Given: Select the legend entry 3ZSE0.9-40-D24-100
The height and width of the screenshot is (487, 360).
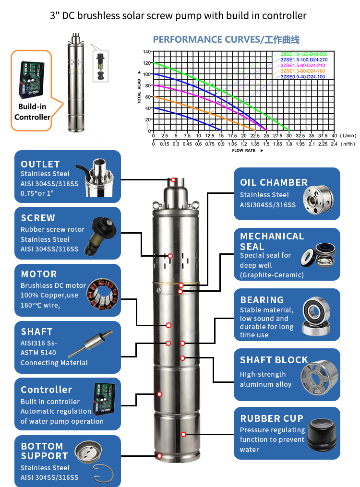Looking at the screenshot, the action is point(303,77).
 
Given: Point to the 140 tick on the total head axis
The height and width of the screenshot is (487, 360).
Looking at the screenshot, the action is point(146,51).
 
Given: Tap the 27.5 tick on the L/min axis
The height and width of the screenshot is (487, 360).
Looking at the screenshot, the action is point(278,136).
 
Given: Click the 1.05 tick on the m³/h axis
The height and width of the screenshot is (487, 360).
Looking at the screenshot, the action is point(232,144).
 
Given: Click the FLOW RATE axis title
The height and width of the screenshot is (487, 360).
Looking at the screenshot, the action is point(244,150).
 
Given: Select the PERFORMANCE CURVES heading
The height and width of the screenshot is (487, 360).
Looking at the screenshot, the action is point(226,39).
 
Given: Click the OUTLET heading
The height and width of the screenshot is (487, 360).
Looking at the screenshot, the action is point(40,164).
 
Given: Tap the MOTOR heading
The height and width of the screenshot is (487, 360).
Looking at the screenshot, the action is point(39,274).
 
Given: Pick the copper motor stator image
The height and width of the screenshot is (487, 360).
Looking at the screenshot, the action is point(103,294).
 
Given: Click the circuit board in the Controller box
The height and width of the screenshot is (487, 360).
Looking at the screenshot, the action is point(104,399).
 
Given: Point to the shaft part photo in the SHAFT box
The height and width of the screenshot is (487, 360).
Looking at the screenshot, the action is point(90,344).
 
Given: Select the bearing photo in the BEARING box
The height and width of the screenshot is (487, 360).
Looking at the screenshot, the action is point(316,316).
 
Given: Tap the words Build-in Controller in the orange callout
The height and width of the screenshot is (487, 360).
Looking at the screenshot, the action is point(32,112).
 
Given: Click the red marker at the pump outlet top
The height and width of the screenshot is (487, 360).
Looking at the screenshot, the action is point(173,180).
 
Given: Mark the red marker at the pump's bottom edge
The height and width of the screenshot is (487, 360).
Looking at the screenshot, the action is point(159,456).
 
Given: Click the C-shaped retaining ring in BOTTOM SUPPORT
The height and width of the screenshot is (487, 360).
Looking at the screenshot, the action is point(104,474).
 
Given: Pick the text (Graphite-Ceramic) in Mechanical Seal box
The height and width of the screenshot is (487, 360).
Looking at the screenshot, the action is point(272,275).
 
